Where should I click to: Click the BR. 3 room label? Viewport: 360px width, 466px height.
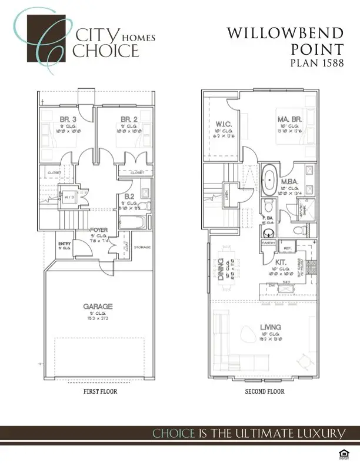[65, 119]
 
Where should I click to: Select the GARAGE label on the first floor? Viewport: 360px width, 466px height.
[98, 307]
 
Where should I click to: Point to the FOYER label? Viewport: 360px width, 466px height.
[98, 230]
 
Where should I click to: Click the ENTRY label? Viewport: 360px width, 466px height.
[65, 244]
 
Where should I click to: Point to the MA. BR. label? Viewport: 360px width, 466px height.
[289, 119]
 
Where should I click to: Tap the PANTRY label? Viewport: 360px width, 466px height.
[268, 242]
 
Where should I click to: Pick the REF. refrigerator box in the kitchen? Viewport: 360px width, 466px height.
[288, 248]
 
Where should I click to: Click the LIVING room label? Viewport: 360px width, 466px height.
[271, 327]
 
